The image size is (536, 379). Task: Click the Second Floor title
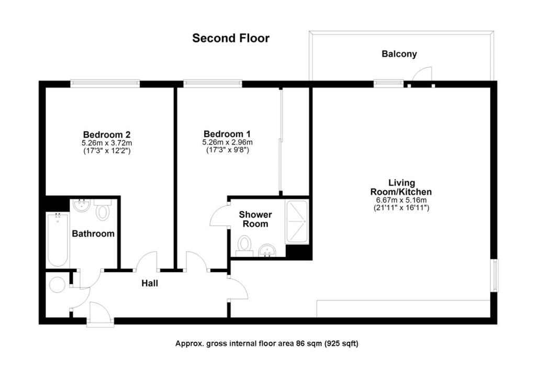231,38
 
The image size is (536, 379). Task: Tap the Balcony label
399,54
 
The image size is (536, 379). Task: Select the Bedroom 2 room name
106,134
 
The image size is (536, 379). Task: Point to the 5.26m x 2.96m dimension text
227,142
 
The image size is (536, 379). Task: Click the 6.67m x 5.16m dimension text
401,200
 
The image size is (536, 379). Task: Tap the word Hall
149,284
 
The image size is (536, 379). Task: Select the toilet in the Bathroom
103,211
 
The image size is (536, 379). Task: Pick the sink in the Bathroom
81,205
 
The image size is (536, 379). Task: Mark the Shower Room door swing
218,215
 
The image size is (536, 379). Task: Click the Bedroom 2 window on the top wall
105,83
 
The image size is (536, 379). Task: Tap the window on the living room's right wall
495,275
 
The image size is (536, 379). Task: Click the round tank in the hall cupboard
57,285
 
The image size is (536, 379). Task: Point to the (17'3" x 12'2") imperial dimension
106,151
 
